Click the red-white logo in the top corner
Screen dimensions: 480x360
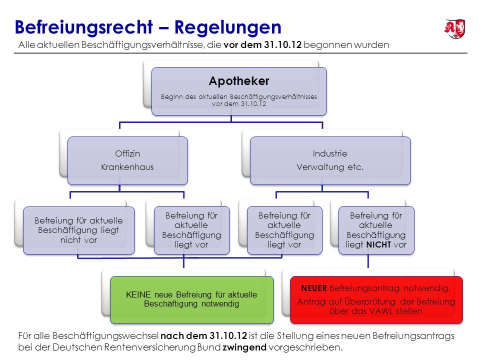[455, 29]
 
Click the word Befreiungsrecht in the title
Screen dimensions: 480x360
[84, 27]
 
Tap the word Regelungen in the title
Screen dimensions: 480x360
[228, 27]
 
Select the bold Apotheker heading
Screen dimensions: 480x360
[239, 81]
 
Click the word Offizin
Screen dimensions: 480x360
[127, 153]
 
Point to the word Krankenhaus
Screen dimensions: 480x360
[127, 167]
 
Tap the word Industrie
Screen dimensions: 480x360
[330, 153]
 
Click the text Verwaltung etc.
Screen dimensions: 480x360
[330, 167]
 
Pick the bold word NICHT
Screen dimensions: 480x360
[378, 244]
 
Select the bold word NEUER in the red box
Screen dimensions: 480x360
[314, 288]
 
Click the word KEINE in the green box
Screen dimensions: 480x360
[138, 294]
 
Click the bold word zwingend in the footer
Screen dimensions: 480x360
[244, 347]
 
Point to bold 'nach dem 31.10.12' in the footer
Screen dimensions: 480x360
[203, 336]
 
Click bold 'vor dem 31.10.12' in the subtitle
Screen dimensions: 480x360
[262, 44]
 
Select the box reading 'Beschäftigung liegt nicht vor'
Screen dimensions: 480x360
[78, 230]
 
